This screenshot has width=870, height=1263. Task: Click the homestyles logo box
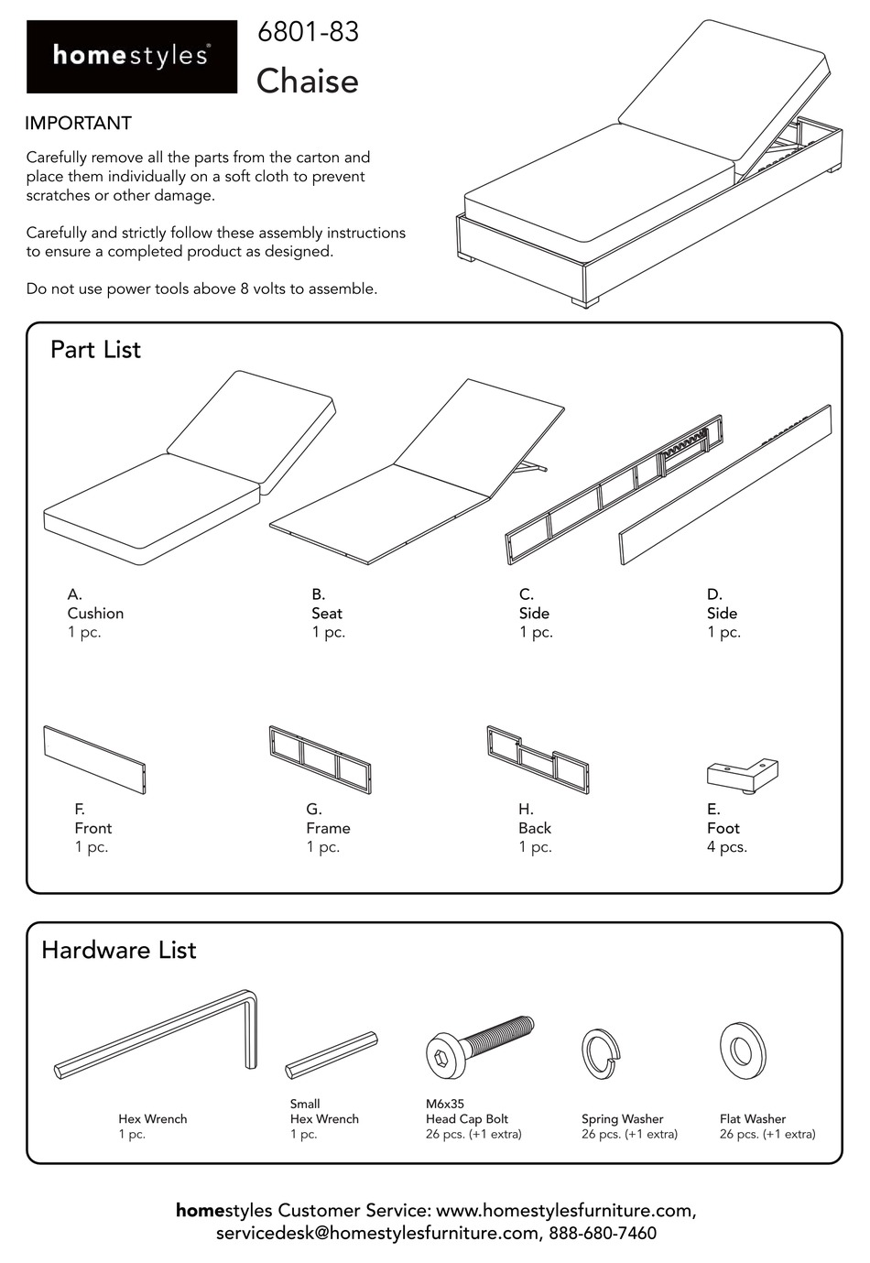131,57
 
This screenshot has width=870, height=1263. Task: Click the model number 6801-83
308,32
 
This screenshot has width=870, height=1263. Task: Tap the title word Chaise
307,82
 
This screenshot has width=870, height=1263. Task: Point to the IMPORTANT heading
79,124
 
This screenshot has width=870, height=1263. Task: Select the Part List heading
95,350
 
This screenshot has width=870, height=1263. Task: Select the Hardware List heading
118,950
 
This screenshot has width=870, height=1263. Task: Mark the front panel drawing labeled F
94,759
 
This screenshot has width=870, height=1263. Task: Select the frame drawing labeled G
320,759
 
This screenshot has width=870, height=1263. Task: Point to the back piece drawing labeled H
538,759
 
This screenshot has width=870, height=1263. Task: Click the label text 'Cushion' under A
95,614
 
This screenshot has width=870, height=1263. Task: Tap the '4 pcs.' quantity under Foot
727,847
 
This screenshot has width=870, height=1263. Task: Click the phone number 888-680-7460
603,1234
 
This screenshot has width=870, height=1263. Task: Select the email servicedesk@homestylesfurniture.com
377,1234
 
